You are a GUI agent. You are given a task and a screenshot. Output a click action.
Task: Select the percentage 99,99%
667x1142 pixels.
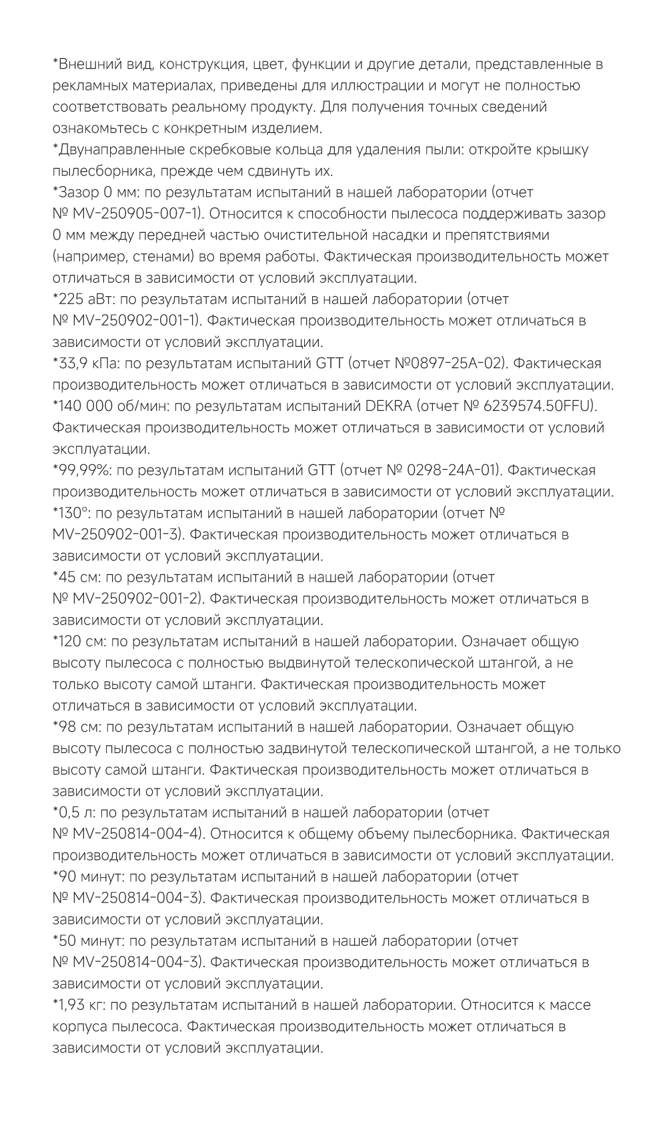click(84, 470)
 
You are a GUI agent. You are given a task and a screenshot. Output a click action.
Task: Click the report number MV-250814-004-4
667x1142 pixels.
click(138, 833)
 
